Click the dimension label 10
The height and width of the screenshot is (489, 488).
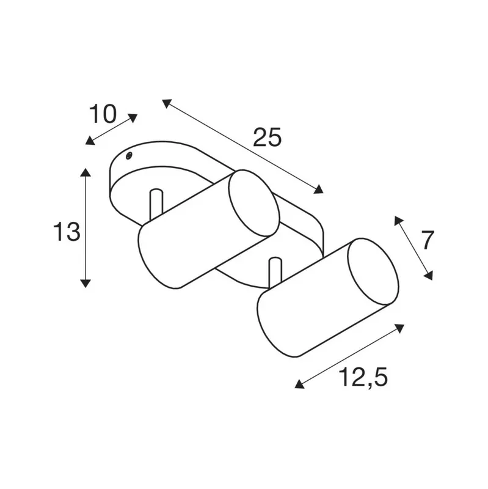pyautogui.click(x=103, y=114)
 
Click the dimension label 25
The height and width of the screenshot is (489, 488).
pyautogui.click(x=267, y=137)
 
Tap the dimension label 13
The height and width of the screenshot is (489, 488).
pyautogui.click(x=67, y=232)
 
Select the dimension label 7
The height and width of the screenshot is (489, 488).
pyautogui.click(x=428, y=240)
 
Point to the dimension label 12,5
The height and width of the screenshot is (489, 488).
pyautogui.click(x=363, y=377)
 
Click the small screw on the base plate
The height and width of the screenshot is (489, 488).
pyautogui.click(x=128, y=156)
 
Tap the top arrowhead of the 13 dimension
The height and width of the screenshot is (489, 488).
pyautogui.click(x=86, y=172)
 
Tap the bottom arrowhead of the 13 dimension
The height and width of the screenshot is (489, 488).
pyautogui.click(x=86, y=283)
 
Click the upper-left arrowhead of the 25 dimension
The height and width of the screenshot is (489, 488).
pyautogui.click(x=166, y=103)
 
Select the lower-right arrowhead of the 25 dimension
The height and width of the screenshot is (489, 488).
pyautogui.click(x=319, y=189)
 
